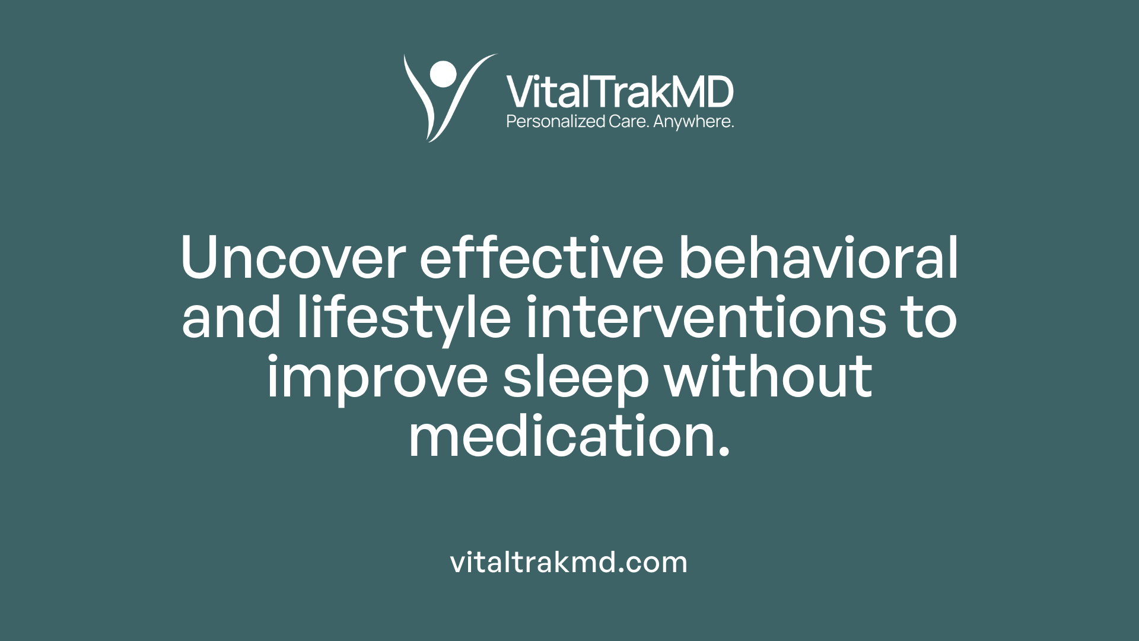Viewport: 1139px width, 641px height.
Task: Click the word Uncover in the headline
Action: [x=293, y=258]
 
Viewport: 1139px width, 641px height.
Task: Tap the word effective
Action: [x=541, y=258]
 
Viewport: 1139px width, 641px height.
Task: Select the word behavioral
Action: [x=818, y=258]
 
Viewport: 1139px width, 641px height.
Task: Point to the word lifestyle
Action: [x=404, y=319]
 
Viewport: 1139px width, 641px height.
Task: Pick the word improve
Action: [x=377, y=378]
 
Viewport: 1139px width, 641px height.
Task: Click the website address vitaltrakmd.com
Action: [x=569, y=562]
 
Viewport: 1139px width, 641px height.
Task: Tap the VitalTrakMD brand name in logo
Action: [x=619, y=92]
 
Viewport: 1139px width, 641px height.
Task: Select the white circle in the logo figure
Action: [x=443, y=74]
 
